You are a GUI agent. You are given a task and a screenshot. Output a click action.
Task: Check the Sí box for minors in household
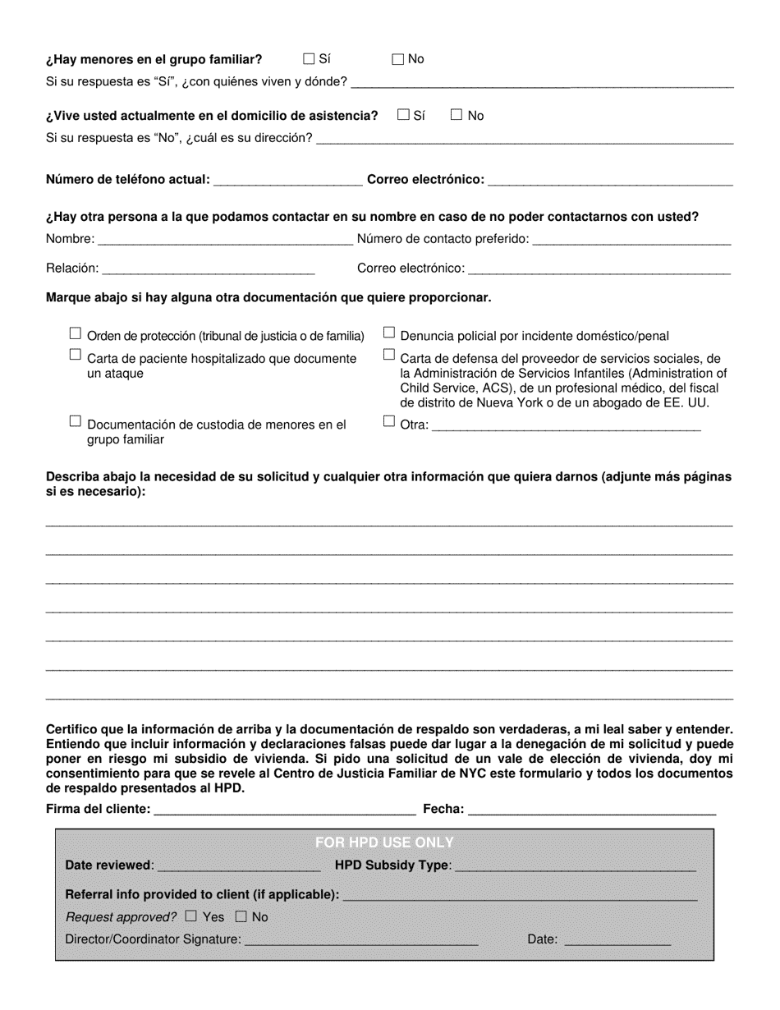point(309,58)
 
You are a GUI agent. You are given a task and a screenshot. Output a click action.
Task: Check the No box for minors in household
point(398,58)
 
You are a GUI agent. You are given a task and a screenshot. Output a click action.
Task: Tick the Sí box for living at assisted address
point(403,115)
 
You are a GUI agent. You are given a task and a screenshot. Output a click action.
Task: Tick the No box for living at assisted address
point(457,115)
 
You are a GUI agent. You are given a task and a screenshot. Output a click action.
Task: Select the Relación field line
point(209,269)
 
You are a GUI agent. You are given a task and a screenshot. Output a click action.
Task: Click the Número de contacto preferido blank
point(631,240)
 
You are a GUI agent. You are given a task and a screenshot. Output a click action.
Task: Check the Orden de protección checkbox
point(76,333)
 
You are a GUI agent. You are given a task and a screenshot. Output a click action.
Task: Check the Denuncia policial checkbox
point(389,333)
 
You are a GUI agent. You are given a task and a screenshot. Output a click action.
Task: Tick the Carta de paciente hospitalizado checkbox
point(76,355)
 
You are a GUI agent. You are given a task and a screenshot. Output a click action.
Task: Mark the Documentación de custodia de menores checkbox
point(76,420)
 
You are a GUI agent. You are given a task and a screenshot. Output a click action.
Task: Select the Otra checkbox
point(389,421)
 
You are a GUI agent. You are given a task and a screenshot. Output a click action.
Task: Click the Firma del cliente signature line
point(284,810)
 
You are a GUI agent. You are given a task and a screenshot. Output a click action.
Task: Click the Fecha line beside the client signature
point(591,810)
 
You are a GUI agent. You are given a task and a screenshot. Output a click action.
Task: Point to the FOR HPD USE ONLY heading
point(384,842)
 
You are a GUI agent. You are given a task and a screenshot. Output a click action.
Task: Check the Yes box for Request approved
point(191,916)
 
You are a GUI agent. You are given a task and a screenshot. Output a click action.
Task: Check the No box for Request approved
point(241,916)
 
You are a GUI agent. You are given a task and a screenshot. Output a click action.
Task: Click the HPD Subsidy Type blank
point(575,866)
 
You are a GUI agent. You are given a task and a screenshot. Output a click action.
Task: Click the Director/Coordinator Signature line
point(361,940)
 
